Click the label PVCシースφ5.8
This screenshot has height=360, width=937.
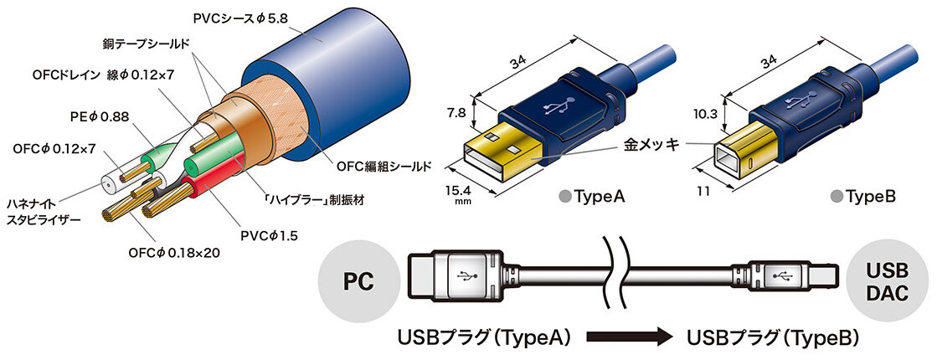(240, 18)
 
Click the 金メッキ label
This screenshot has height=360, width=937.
(652, 145)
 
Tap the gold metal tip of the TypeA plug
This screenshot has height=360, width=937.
(503, 153)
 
